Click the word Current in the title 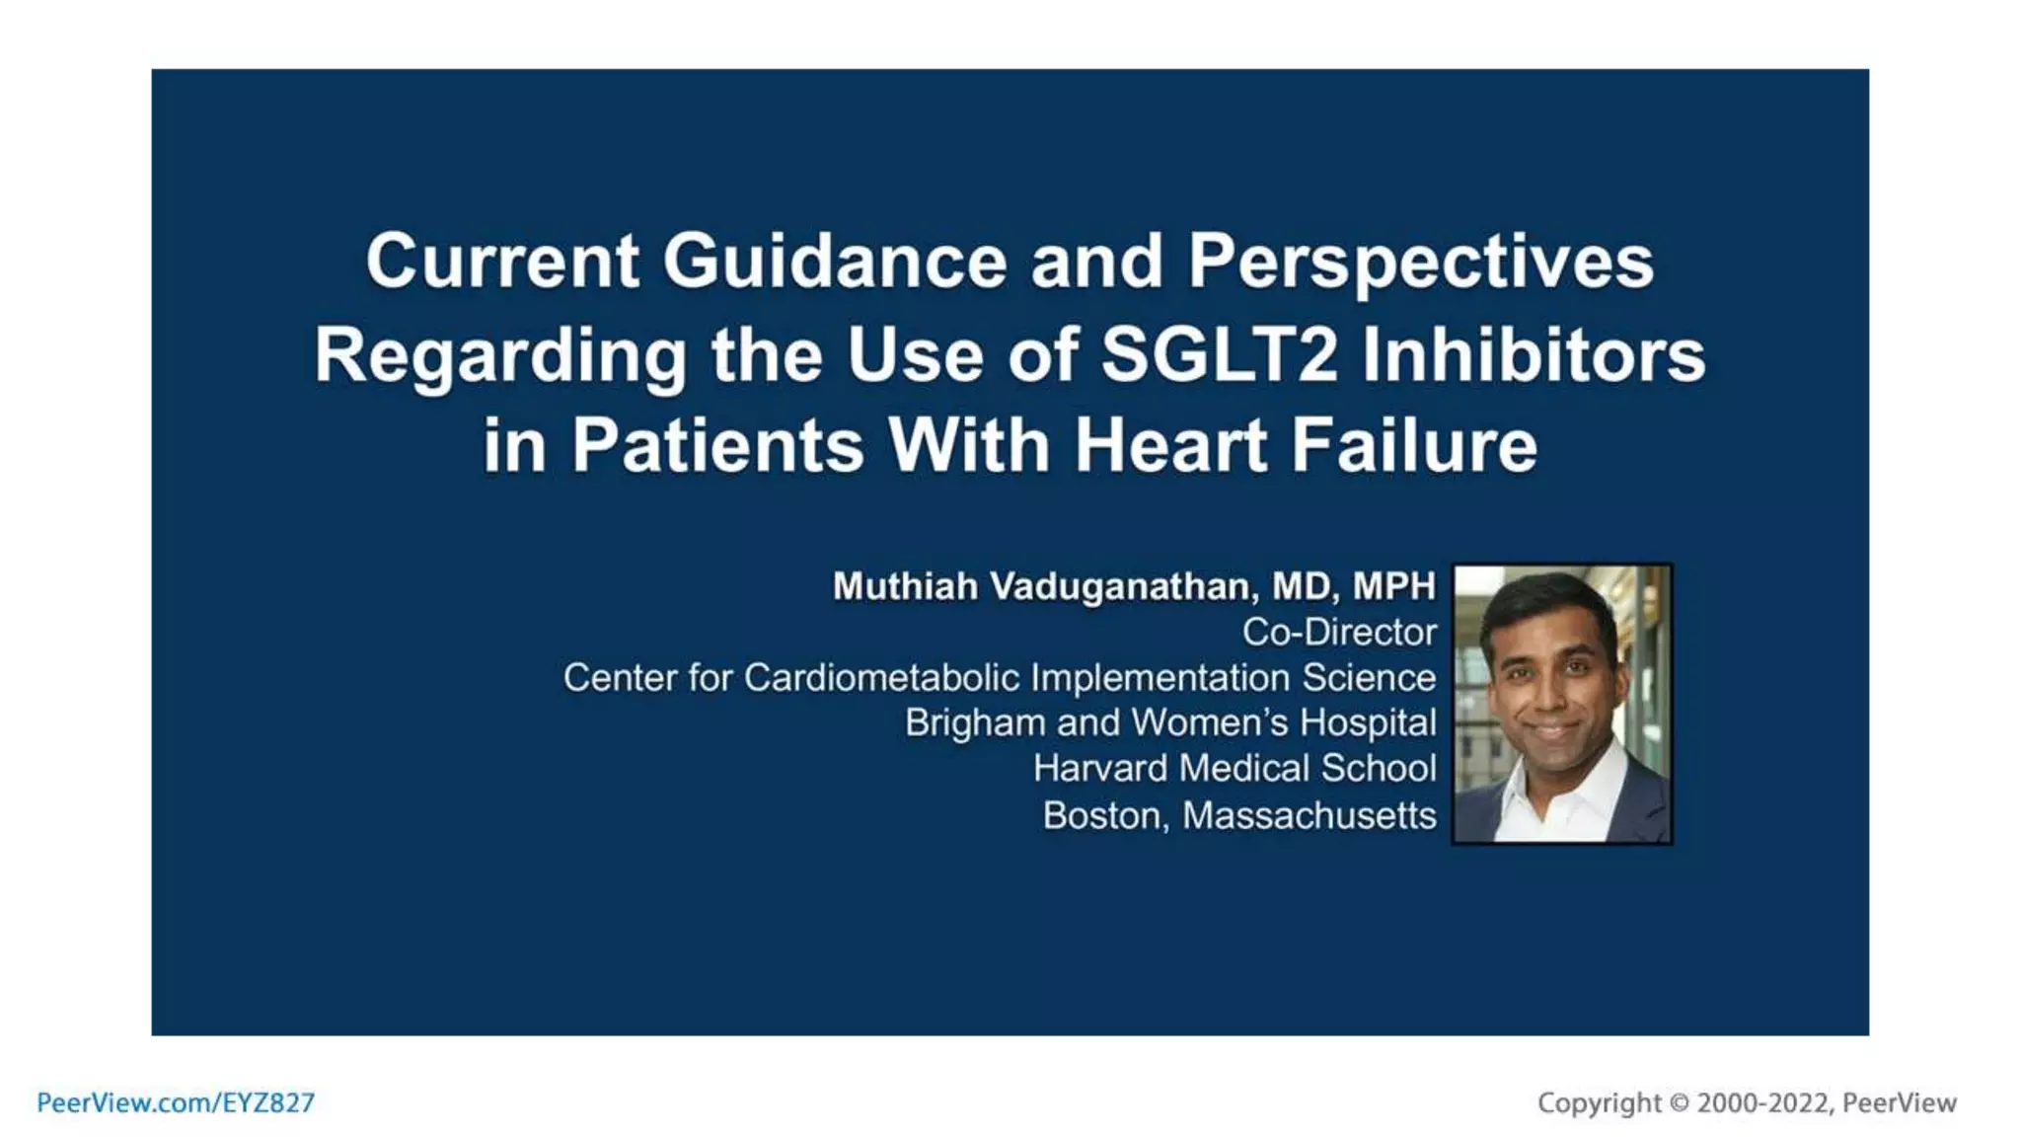(x=501, y=262)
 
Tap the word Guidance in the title (x=834, y=262)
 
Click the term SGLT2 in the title (x=1219, y=354)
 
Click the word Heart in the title (x=1170, y=445)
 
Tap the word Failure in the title (x=1414, y=445)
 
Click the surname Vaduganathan (x=1123, y=586)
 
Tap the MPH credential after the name (x=1393, y=586)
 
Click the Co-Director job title (x=1338, y=632)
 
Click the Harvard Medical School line (x=1234, y=768)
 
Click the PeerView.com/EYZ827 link (x=176, y=1102)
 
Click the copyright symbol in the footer (x=1679, y=1102)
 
